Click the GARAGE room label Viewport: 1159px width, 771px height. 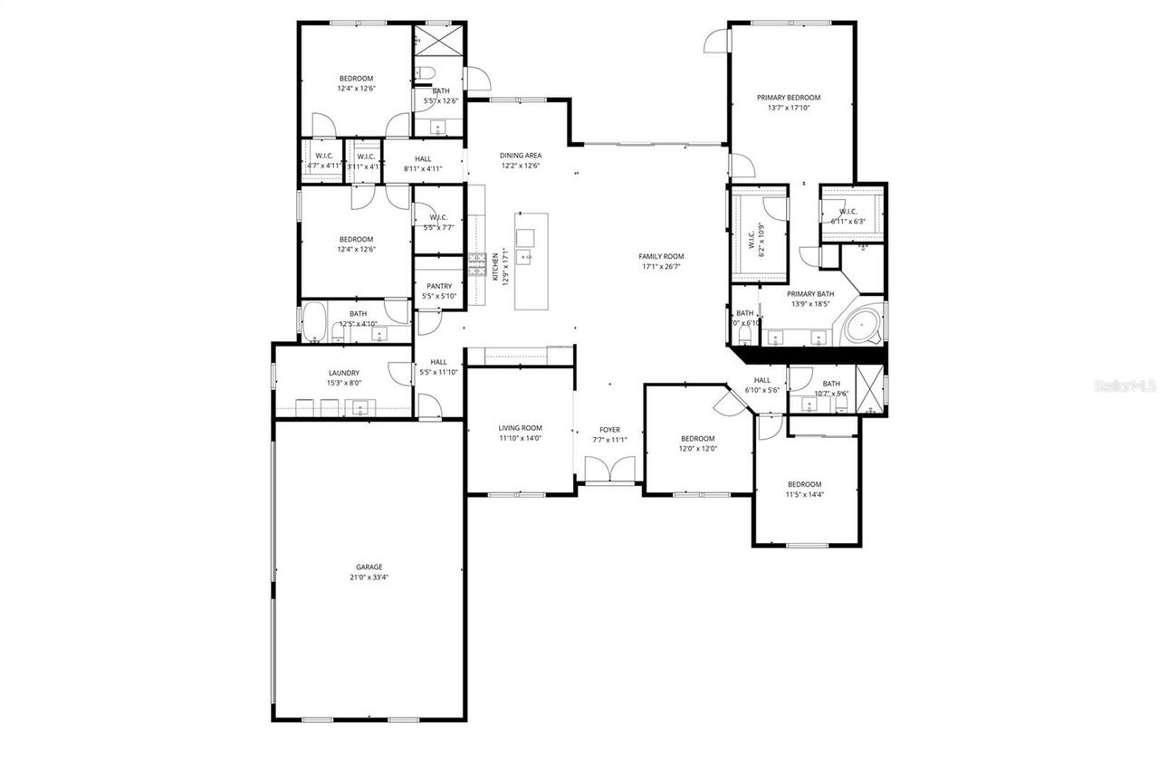point(369,567)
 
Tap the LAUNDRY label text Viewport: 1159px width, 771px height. point(343,373)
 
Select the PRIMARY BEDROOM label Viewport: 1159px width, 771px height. point(789,98)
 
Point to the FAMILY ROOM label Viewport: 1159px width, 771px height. point(661,257)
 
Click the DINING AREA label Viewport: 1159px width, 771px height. point(520,156)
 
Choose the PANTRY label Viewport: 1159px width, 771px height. point(439,287)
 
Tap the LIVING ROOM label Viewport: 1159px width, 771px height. point(520,428)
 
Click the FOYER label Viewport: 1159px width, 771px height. point(609,430)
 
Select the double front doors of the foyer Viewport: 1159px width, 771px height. point(609,471)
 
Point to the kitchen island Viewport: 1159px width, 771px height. point(532,261)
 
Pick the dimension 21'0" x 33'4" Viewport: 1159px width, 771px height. point(369,577)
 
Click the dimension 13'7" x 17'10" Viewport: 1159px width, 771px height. point(789,108)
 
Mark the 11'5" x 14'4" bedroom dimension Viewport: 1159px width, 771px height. point(804,494)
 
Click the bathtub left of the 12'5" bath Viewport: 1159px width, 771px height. point(314,323)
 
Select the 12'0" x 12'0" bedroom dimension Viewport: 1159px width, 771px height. point(698,449)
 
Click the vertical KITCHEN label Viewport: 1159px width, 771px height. point(494,267)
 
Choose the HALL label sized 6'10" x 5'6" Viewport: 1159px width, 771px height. point(762,380)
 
